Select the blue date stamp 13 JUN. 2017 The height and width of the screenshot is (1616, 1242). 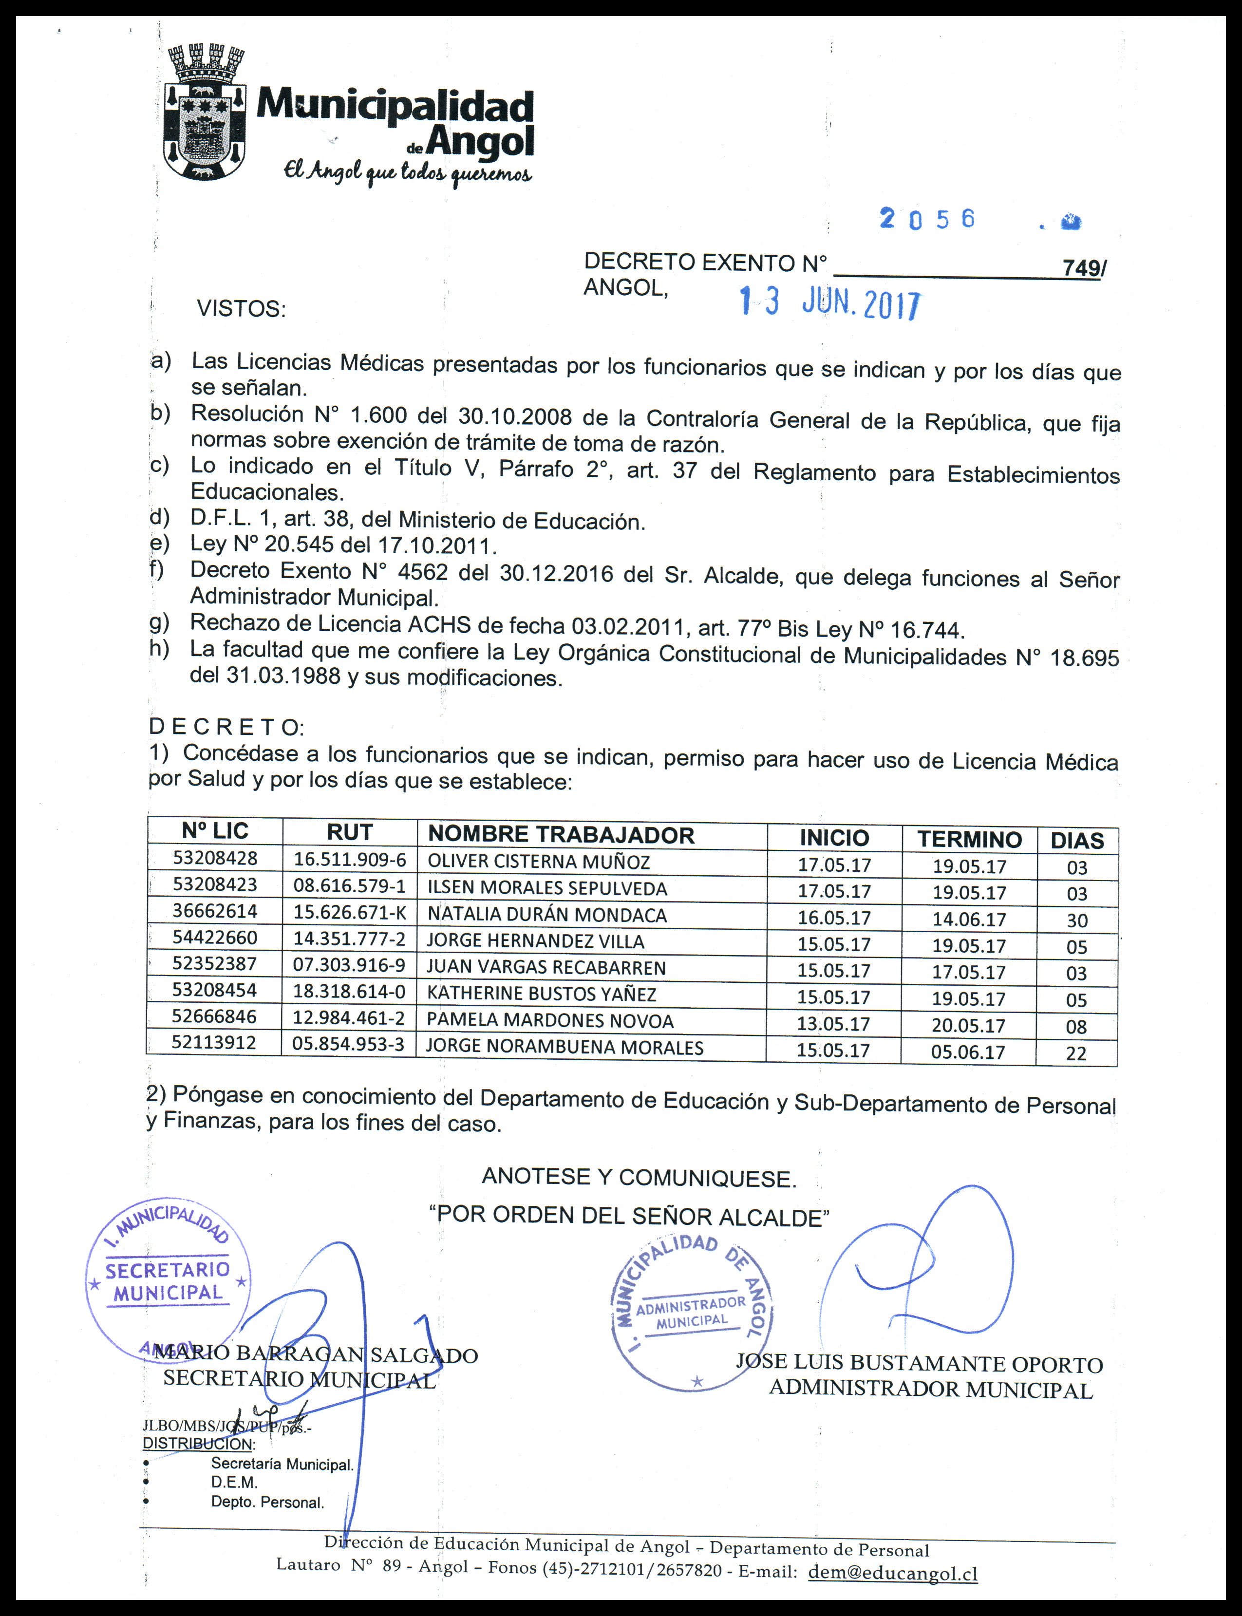(831, 303)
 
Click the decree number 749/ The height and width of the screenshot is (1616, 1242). (1084, 269)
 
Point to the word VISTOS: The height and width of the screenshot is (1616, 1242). (241, 308)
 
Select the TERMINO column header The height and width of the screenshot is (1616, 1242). (969, 839)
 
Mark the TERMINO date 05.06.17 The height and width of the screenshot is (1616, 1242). (968, 1052)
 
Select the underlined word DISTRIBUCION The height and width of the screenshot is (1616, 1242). (198, 1443)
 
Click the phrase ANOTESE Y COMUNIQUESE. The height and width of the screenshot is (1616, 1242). (639, 1178)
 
